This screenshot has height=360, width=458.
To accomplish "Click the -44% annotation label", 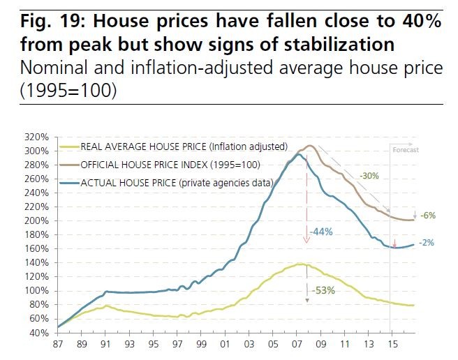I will pyautogui.click(x=322, y=231).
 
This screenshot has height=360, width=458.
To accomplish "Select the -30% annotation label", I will pyautogui.click(x=369, y=175).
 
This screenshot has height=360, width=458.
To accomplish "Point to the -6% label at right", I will pyautogui.click(x=427, y=216).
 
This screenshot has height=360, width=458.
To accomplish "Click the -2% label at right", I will pyautogui.click(x=427, y=243).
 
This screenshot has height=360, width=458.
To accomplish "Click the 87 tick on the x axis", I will pyautogui.click(x=59, y=345).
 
